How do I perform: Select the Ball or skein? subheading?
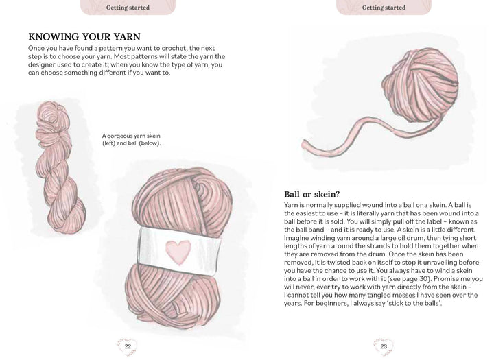pos(314,194)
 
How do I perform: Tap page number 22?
pos(128,346)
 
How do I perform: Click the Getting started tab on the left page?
pos(128,8)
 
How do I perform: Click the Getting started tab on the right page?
pos(384,8)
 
